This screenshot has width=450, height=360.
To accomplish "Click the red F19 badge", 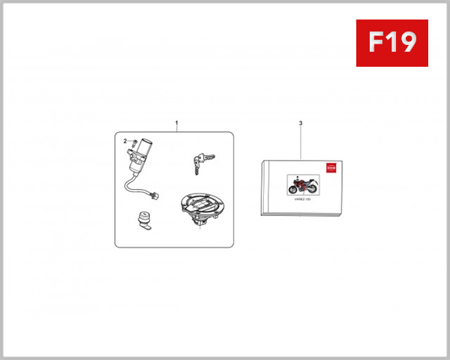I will pos(391,43).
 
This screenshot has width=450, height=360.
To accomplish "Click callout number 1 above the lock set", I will pos(177,121).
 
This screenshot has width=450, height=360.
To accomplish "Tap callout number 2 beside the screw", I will pos(125,140).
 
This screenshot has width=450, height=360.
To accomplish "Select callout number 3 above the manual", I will pos(300,122).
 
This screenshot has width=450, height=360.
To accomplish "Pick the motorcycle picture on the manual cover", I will pos(304,185).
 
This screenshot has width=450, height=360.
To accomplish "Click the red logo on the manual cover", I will pos(328,172).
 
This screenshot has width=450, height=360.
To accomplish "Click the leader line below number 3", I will pos(300,142).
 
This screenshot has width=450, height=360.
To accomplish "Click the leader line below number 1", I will pos(177,129).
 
